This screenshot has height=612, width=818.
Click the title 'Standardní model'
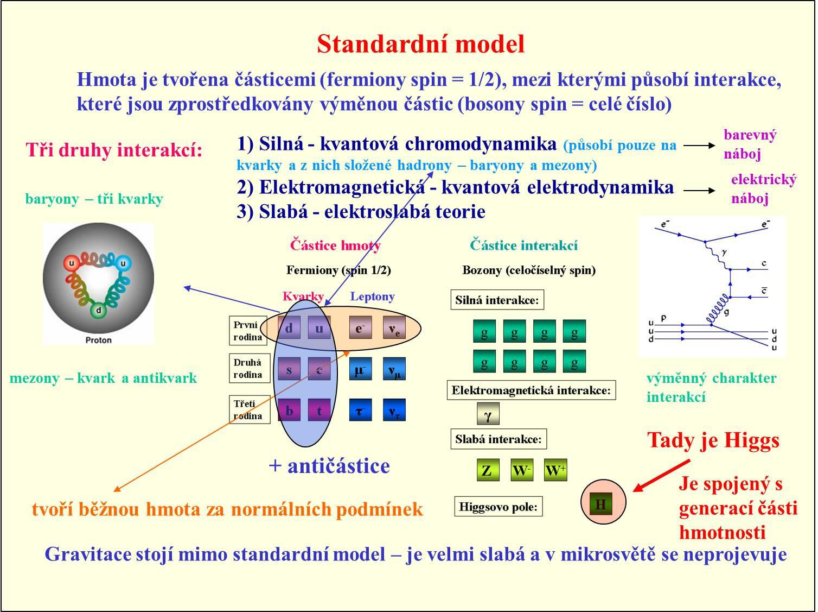pyautogui.click(x=421, y=44)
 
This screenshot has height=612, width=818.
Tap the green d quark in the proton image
pyautogui.click(x=98, y=310)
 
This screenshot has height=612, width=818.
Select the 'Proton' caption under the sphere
pyautogui.click(x=98, y=340)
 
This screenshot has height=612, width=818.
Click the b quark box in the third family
pyautogui.click(x=289, y=410)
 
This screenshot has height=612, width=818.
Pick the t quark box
pyautogui.click(x=319, y=410)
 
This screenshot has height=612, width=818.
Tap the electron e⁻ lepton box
pyautogui.click(x=360, y=327)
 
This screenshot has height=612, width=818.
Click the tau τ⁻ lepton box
pyautogui.click(x=360, y=410)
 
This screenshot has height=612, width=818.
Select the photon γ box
pyautogui.click(x=488, y=414)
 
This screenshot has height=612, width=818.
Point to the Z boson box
pyautogui.click(x=488, y=470)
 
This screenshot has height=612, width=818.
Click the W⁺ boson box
pyautogui.click(x=555, y=470)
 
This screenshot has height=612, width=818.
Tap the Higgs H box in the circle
pyautogui.click(x=600, y=504)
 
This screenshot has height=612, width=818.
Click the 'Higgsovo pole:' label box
pyautogui.click(x=499, y=507)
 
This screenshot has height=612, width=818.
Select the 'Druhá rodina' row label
pyautogui.click(x=250, y=368)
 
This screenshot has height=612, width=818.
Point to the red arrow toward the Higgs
pyautogui.click(x=661, y=476)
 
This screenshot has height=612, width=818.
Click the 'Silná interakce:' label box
pyautogui.click(x=497, y=300)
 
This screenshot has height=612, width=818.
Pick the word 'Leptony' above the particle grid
pyautogui.click(x=372, y=296)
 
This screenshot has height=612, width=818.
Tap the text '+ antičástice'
pyautogui.click(x=329, y=466)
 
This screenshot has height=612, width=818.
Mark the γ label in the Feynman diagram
pyautogui.click(x=724, y=253)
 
